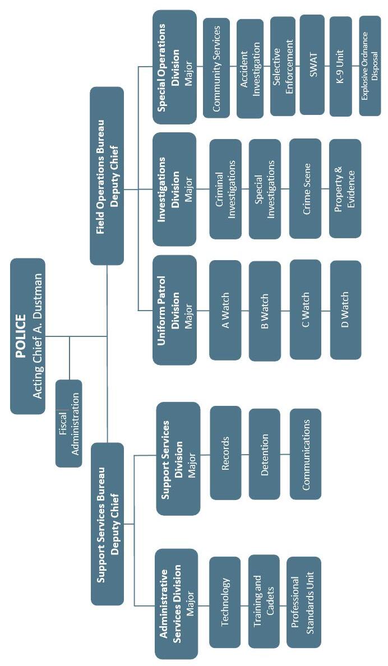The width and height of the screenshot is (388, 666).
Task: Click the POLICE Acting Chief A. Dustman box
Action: [27, 336]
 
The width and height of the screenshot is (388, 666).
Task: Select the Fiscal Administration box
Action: [68, 423]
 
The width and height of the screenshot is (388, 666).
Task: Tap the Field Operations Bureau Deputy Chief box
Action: [107, 175]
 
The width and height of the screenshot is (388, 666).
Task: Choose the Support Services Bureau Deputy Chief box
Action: [107, 523]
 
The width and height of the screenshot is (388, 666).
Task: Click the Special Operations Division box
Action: [174, 67]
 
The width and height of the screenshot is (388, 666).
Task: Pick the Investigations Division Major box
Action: [174, 189]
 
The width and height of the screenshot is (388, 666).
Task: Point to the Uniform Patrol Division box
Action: [174, 309]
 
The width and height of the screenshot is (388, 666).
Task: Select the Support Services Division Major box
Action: [178, 458]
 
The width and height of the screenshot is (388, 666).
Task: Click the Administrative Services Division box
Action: [177, 603]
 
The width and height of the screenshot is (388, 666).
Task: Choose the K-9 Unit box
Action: [341, 66]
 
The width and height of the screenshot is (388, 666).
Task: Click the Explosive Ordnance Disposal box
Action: [369, 66]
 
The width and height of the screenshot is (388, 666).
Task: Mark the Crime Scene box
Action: [305, 188]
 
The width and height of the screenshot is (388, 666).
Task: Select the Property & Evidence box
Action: [345, 188]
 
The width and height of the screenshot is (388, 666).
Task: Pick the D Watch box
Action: [345, 309]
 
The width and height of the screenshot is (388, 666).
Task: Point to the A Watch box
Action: [225, 309]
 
